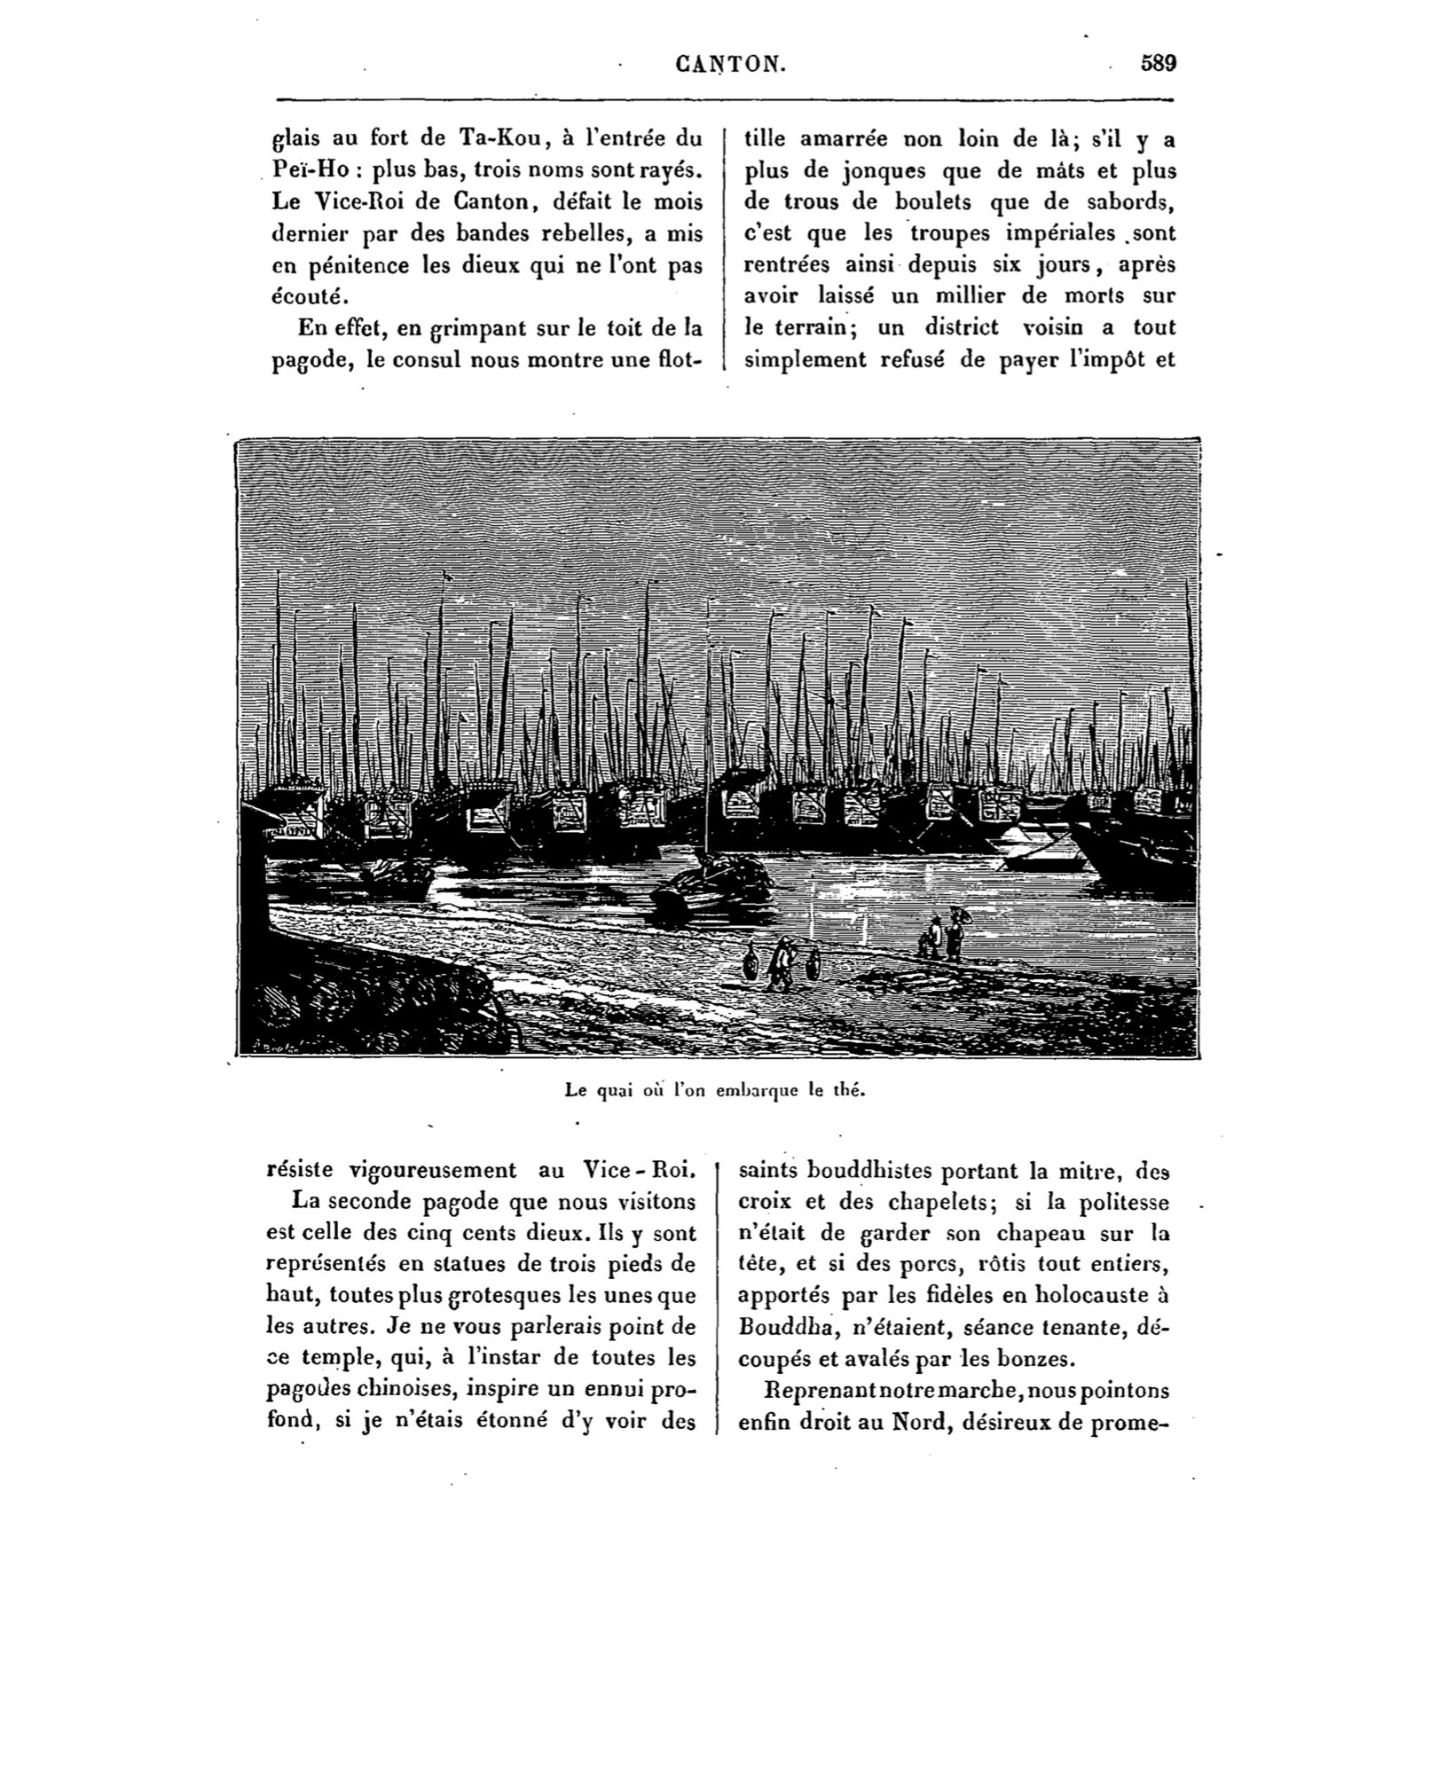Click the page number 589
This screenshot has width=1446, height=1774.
(x=1159, y=63)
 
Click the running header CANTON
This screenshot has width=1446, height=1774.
(x=729, y=64)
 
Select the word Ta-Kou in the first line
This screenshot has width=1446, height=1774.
(x=499, y=138)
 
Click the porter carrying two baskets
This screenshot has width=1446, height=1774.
(x=781, y=964)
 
